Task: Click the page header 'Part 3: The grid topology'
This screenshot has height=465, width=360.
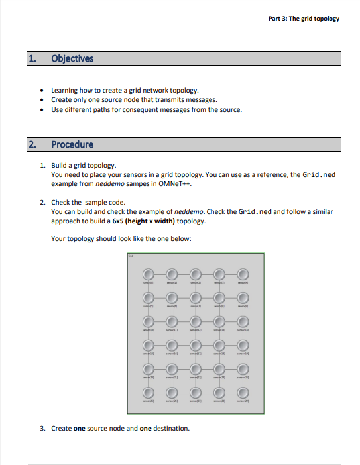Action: (304, 18)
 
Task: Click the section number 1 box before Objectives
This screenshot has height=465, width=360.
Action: (32, 58)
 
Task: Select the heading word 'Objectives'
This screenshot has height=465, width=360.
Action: (72, 58)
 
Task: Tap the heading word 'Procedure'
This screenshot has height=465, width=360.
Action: (72, 144)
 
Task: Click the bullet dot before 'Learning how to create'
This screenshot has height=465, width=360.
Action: (42, 91)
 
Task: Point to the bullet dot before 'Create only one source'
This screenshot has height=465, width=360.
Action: (42, 100)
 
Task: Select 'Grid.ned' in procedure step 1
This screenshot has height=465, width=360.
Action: (319, 174)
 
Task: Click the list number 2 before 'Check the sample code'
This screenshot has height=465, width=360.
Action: (42, 202)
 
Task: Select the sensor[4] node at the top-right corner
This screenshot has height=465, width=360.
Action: (243, 274)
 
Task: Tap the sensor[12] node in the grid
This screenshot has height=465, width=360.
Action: (195, 321)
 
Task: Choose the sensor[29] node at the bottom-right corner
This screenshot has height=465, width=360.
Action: (243, 392)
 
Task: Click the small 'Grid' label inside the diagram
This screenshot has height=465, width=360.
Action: (131, 256)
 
